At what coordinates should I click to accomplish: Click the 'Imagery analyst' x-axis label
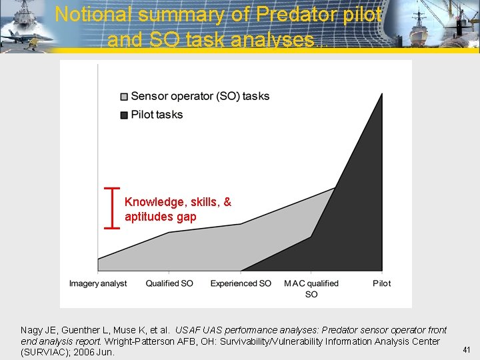98,283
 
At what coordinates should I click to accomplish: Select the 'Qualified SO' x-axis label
169,283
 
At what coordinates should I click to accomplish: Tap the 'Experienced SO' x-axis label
241,283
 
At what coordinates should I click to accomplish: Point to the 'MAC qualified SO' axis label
311,288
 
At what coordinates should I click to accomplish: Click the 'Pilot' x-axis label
382,283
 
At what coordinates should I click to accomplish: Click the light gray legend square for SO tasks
123,97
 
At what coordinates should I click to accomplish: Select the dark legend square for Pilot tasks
123,115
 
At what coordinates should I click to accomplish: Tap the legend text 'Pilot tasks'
157,115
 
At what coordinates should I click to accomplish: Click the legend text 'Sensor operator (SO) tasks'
200,96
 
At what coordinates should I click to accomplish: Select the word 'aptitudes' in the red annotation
149,217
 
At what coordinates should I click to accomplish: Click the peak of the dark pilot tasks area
382,95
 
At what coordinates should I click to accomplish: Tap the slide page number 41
467,349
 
